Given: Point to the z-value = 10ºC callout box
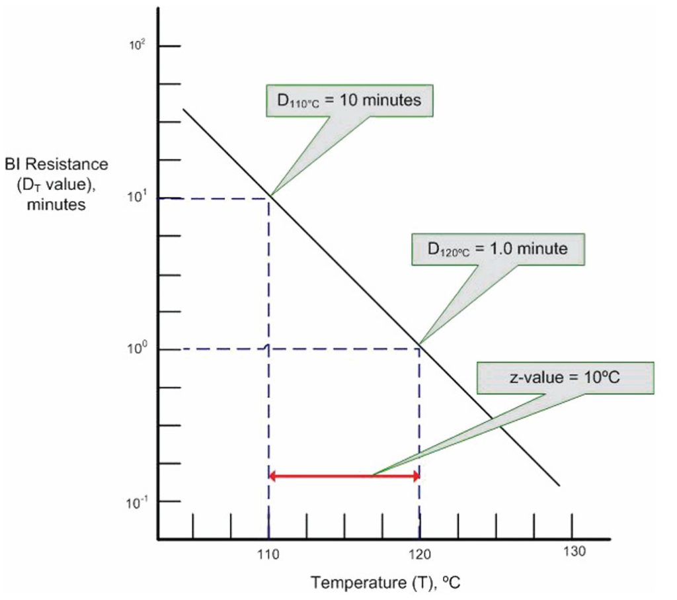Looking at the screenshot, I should click(x=564, y=379).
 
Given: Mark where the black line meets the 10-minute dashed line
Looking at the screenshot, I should click(x=268, y=197).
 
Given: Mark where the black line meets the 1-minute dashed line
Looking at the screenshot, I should click(x=420, y=348).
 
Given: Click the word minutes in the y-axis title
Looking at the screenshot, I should click(x=56, y=204).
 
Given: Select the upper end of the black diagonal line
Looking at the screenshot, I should click(x=183, y=109).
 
